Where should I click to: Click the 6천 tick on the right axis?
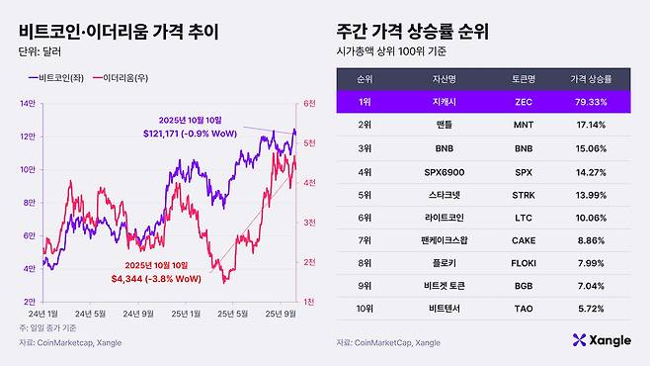(309, 103)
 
